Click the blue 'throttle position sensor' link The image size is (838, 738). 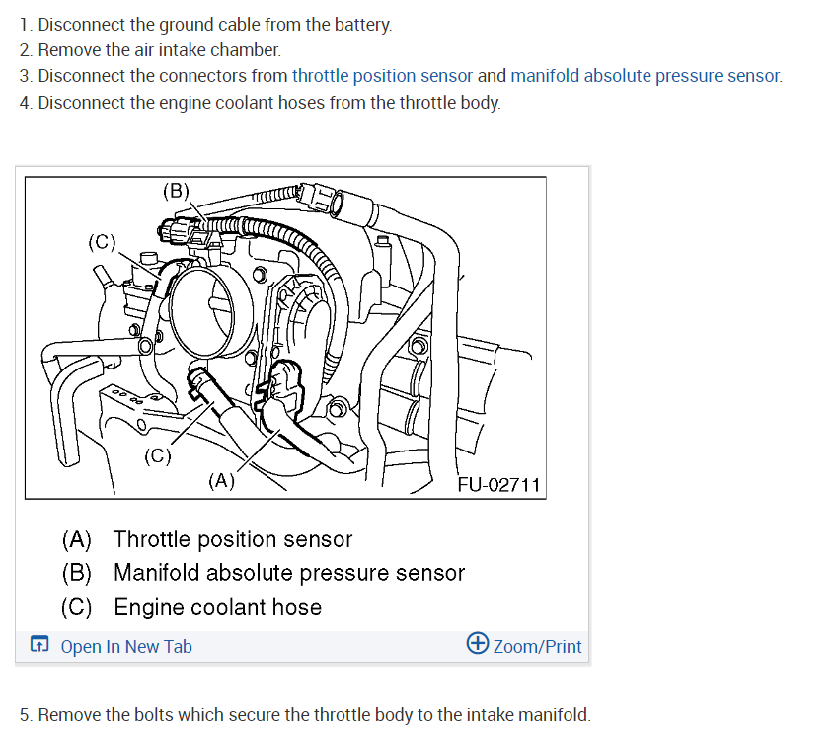[x=382, y=75]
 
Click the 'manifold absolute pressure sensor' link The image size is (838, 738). [x=646, y=75]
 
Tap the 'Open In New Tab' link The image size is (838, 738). [x=126, y=647]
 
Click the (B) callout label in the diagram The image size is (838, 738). [x=176, y=191]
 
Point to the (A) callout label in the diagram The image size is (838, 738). [x=221, y=481]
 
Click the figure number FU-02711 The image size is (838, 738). [x=499, y=484]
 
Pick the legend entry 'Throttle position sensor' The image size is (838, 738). [x=232, y=539]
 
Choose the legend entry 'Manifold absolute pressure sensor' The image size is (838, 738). [x=288, y=573]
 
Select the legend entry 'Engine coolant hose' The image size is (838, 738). [x=217, y=607]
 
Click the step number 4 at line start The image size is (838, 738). [x=25, y=102]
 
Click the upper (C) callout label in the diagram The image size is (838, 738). [x=102, y=240]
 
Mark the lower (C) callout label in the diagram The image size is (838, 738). [x=157, y=455]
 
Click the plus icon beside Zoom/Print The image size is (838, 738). [x=477, y=644]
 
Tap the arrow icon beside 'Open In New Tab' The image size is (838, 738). [x=38, y=646]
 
